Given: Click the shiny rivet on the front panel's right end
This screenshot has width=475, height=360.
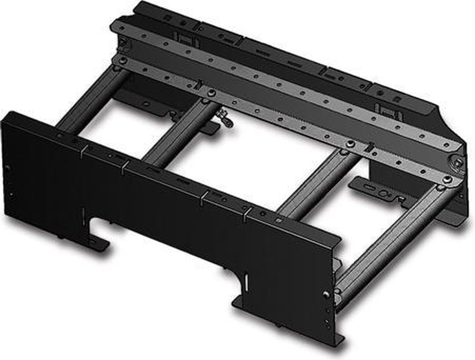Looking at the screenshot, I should (x=325, y=294).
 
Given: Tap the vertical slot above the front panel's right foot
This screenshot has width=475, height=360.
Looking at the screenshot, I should (x=246, y=282).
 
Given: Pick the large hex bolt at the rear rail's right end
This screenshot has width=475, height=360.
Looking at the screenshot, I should (x=458, y=162).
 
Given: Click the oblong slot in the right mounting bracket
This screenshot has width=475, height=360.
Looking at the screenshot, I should (x=369, y=186).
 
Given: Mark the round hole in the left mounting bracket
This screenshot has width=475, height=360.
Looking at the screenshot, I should (x=146, y=104).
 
